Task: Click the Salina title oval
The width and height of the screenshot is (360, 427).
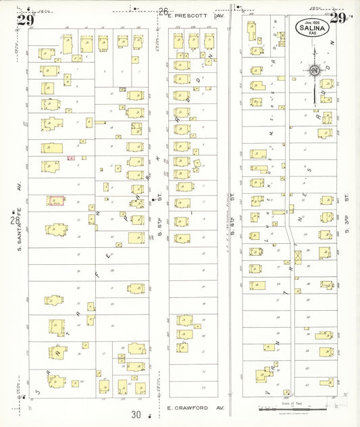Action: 313,28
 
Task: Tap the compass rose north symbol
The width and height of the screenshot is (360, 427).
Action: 314,69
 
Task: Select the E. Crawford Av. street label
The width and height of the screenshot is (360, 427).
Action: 195,408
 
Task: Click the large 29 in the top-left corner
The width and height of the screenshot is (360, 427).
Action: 26,20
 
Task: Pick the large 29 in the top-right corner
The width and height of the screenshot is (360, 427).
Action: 338,18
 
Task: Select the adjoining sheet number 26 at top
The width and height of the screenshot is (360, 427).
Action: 163,11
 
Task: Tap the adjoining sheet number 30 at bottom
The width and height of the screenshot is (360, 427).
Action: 136,414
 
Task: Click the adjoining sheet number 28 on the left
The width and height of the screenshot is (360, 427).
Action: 15,221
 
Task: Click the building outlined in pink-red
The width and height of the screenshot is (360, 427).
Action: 55,201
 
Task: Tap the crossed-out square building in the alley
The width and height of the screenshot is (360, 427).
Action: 298,257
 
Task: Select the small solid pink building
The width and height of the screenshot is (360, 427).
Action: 70,157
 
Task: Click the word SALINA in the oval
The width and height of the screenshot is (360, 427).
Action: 313,28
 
